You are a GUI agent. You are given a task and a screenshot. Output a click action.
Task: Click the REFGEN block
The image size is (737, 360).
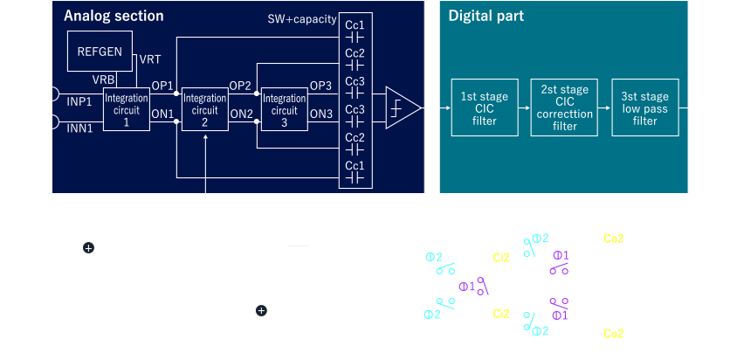pyautogui.click(x=100, y=52)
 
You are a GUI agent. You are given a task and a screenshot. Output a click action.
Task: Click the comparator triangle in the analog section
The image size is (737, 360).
pyautogui.click(x=403, y=108)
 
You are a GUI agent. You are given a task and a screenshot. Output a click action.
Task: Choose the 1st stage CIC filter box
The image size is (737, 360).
pyautogui.click(x=479, y=107)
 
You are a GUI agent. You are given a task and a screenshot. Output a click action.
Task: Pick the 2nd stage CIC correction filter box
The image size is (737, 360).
pyautogui.click(x=560, y=107)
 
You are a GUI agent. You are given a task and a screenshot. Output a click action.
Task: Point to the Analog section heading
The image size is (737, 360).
pyautogui.click(x=114, y=16)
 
